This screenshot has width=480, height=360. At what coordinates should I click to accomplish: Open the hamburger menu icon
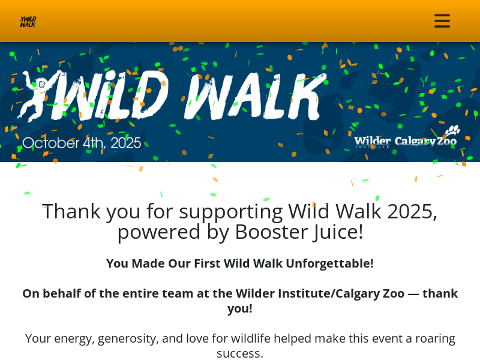(x=442, y=21)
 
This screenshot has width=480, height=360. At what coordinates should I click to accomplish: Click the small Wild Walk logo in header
(x=28, y=22)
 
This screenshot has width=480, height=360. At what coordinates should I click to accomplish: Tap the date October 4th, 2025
(x=82, y=143)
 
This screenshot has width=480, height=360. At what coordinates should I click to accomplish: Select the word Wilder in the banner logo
(x=372, y=141)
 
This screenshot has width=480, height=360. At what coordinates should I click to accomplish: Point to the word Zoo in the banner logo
(x=446, y=142)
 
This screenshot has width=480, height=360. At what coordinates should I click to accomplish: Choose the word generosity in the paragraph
(x=127, y=338)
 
